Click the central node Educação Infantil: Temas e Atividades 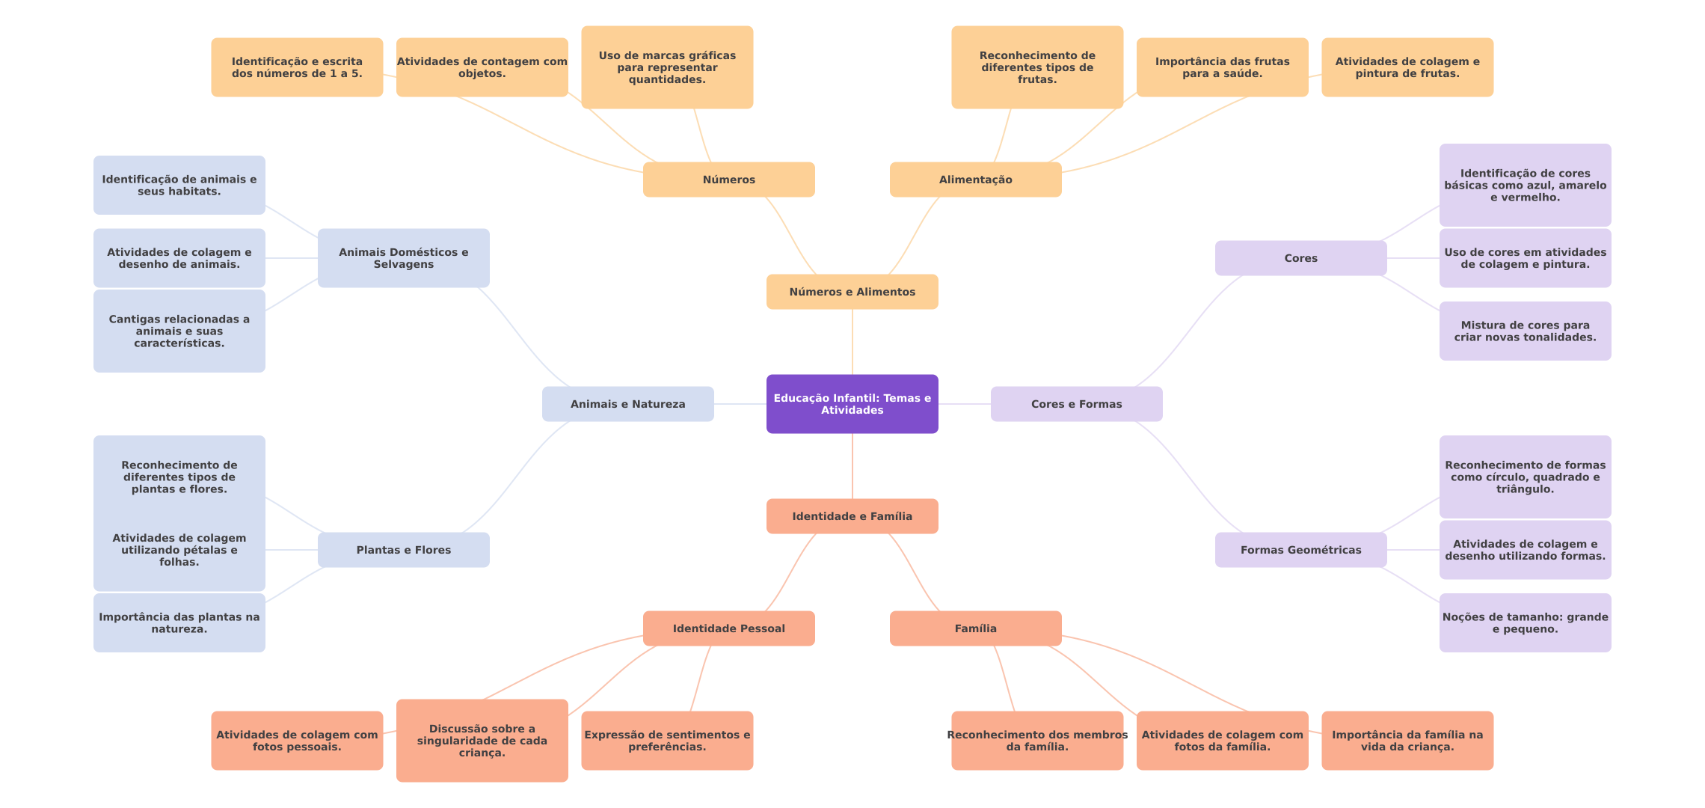point(852,404)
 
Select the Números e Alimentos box point(852,292)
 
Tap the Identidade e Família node point(852,516)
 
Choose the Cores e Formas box point(1076,404)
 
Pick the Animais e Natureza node point(627,404)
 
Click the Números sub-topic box point(728,180)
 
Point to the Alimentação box point(975,180)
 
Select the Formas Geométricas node point(1300,550)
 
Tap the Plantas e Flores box point(403,550)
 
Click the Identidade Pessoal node point(728,628)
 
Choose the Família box point(975,628)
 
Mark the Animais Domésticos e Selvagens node point(403,258)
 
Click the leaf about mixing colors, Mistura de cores point(1525,331)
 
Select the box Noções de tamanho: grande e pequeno point(1525,622)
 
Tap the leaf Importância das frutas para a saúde point(1222,67)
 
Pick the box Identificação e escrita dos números point(297,67)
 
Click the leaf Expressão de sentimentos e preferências point(667,741)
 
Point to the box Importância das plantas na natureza point(179,622)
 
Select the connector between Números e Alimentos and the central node point(852,342)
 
